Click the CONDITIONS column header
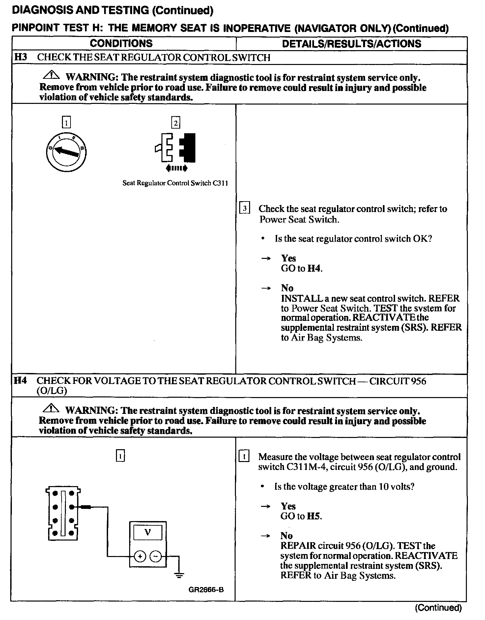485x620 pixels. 121,44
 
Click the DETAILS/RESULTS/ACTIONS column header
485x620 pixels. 352,44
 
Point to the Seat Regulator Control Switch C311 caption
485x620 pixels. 175,183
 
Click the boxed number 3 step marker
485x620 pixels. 244,208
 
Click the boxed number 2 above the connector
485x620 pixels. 176,123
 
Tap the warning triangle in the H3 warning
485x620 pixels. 51,76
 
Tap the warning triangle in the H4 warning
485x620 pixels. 51,409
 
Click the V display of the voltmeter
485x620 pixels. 148,532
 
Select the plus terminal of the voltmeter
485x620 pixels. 140,556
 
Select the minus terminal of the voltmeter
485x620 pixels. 156,556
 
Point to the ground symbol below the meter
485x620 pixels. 179,575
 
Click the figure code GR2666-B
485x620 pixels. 206,590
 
